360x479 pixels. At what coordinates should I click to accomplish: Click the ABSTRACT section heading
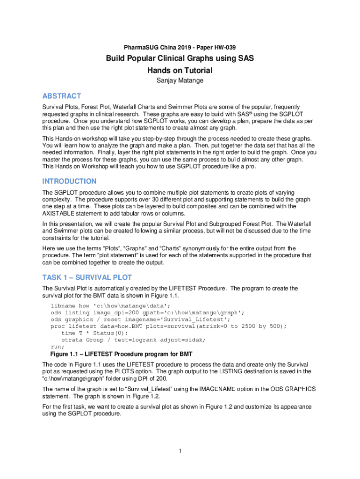[62, 96]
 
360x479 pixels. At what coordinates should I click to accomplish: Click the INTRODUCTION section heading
[69, 181]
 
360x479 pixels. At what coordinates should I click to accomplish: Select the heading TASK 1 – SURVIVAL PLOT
[87, 277]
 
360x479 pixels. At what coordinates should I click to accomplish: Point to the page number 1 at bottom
[180, 451]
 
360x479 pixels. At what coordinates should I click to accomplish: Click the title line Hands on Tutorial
[180, 71]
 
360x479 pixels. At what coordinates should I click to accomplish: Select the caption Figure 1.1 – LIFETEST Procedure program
[117, 353]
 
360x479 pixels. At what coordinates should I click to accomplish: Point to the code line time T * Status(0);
[94, 333]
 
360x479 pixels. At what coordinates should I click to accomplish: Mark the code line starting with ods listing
[147, 312]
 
